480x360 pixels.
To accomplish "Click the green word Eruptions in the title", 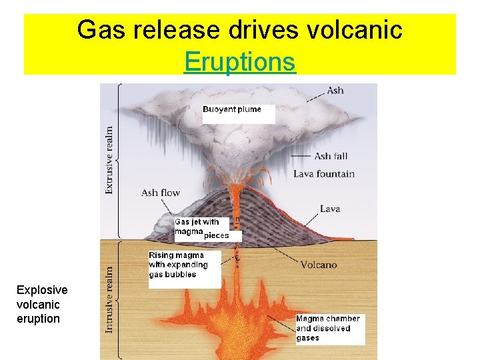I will pos(240,62).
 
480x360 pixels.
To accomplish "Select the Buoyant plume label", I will pos(232,109).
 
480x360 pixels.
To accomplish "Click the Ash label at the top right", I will pos(335,90).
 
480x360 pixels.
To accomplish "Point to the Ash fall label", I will pos(331,156).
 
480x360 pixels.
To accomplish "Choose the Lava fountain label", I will pos(324,174).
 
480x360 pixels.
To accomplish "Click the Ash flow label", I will pos(161,193).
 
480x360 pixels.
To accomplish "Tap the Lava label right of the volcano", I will pos(330,209).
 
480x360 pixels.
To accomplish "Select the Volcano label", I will pos(319,265).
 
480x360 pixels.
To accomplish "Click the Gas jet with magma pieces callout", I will pos(201,229).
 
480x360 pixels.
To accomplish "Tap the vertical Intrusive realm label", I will pos(109,299).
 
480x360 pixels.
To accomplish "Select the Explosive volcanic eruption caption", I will pos(42,304).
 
